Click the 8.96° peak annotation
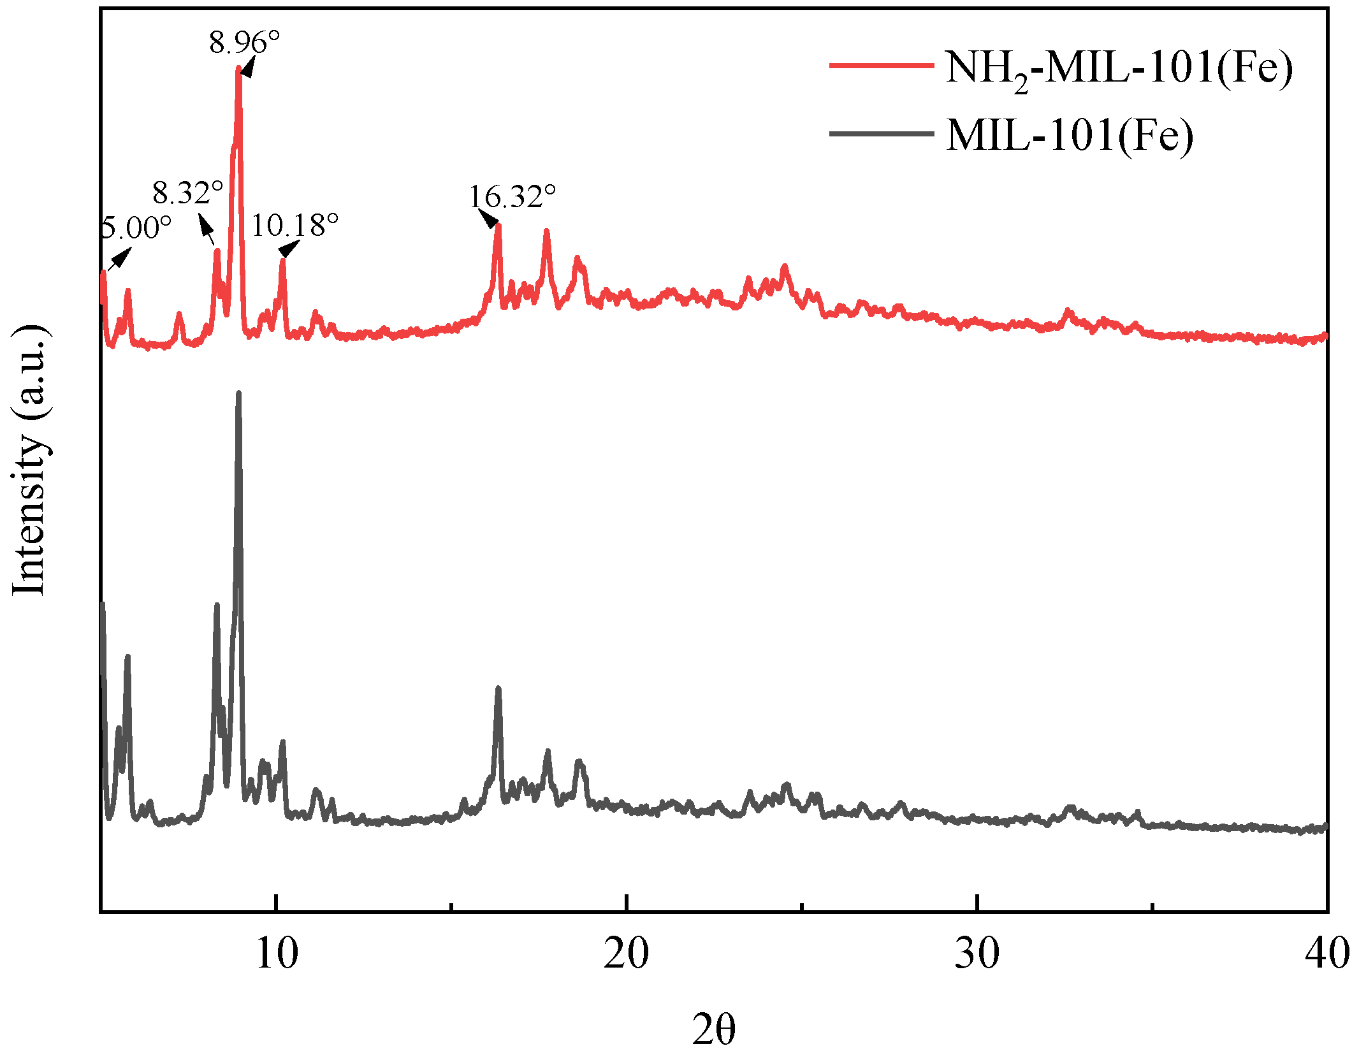pos(244,43)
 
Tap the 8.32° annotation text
pos(187,192)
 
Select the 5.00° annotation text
pos(136,228)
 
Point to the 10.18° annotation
pos(294,225)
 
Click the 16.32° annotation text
pos(512,197)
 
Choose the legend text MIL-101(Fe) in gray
pos(1069,135)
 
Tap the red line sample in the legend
pos(881,66)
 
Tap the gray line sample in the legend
pos(881,134)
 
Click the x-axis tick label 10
pos(277,954)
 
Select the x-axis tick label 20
pos(627,954)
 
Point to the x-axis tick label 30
pos(977,954)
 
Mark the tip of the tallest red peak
pos(239,68)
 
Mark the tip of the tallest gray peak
pos(239,393)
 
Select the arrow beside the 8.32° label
pos(207,229)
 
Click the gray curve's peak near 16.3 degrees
pos(498,688)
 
